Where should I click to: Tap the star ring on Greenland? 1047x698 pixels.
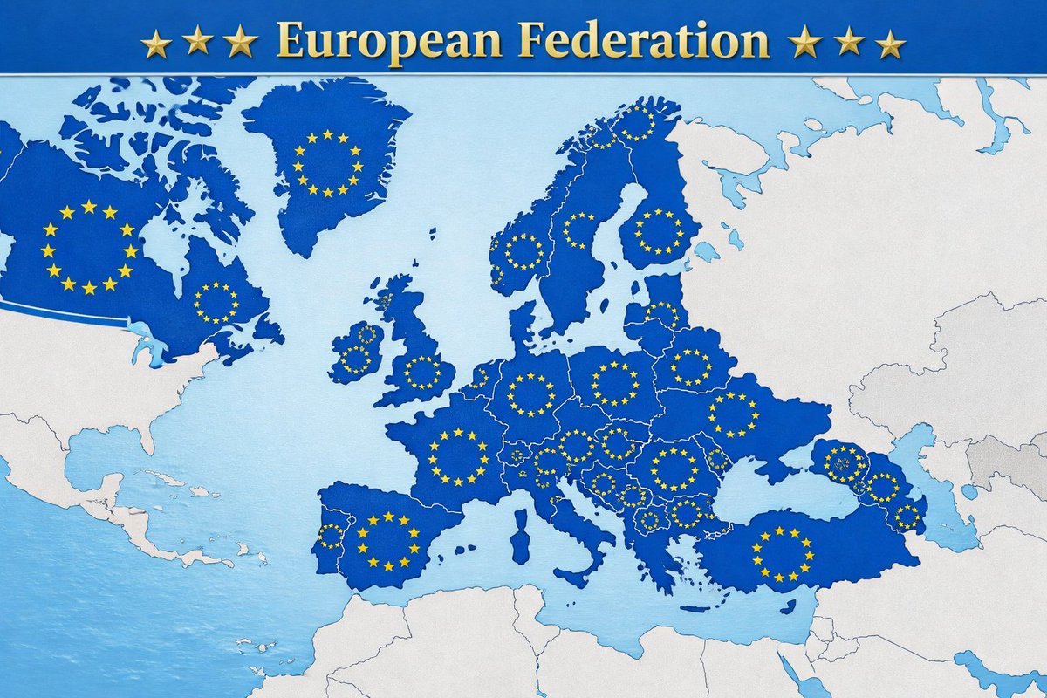327,163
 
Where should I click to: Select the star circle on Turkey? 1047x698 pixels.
783,554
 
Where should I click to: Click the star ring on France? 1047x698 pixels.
458,456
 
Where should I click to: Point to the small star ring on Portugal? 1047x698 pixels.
331,536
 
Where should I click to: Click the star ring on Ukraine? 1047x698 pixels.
734,414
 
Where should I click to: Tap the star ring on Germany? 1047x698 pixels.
530,395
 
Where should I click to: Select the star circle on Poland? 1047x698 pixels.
616,383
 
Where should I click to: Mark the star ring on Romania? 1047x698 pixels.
674,469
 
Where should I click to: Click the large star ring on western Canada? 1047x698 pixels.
89,248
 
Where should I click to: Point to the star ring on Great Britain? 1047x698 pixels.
423,372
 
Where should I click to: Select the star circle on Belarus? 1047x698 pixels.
692,366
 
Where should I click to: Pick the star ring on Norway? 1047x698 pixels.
523,251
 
